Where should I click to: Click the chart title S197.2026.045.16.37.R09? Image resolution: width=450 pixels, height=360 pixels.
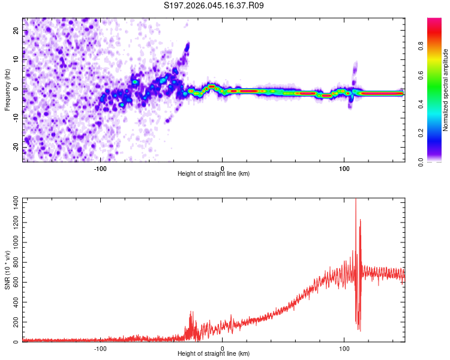tap(214, 6)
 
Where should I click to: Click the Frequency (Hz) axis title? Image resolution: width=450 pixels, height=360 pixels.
tap(7, 90)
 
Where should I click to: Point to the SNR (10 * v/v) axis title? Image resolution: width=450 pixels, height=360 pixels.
tap(7, 271)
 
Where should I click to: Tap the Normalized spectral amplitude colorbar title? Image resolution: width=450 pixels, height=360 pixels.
tap(445, 90)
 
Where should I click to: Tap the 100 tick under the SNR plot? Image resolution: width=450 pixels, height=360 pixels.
tap(344, 347)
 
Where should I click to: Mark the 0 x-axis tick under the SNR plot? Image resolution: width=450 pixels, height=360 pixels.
tap(223, 347)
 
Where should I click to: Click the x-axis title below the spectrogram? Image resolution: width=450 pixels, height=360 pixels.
tap(214, 174)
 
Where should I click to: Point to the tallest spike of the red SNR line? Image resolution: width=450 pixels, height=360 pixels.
tap(356, 200)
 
